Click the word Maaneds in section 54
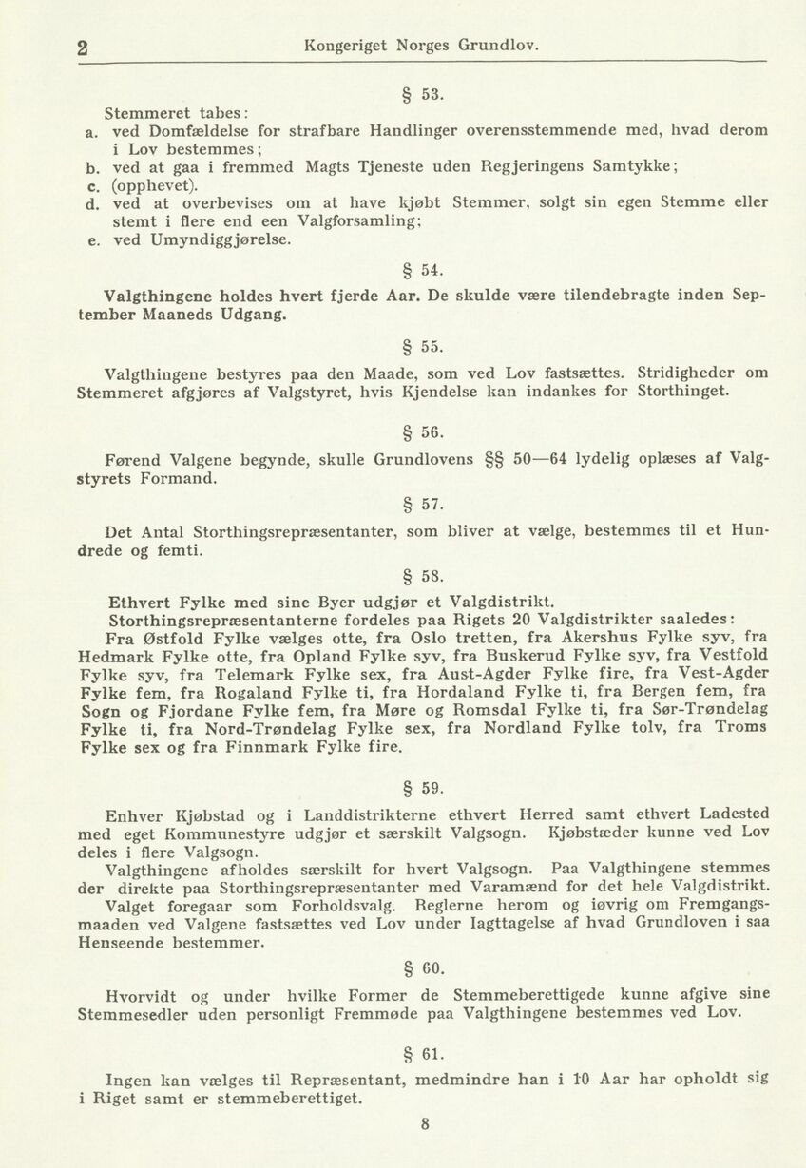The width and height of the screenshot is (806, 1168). click(195, 315)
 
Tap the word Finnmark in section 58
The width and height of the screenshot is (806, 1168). click(269, 747)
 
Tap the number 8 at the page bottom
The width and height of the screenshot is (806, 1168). click(425, 1123)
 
